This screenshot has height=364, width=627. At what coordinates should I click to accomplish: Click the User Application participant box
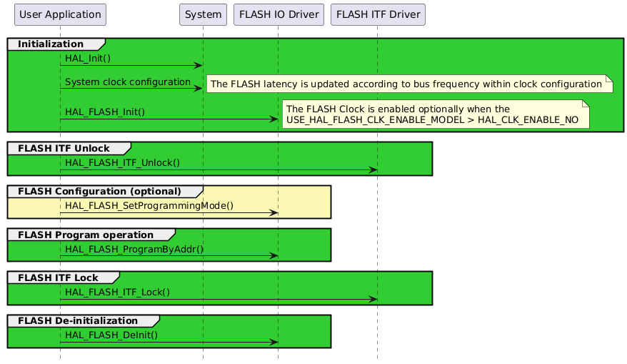(x=60, y=14)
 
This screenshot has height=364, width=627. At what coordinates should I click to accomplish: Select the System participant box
(x=203, y=14)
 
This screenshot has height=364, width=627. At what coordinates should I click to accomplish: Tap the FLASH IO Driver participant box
(x=279, y=14)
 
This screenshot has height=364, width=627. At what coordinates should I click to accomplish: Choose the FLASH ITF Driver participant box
(x=378, y=14)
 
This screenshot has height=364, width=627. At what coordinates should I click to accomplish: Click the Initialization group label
(x=50, y=44)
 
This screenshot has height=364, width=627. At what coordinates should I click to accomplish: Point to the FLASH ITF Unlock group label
(x=64, y=148)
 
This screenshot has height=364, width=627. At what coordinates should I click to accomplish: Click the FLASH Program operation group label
(x=86, y=235)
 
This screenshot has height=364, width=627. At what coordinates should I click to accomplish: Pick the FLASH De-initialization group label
(x=78, y=320)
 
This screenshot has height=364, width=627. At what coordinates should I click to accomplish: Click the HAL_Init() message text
(x=88, y=57)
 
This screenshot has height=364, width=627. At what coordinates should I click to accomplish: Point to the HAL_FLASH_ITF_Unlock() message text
(x=122, y=162)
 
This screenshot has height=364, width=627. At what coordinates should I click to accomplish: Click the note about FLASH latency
(x=409, y=84)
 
